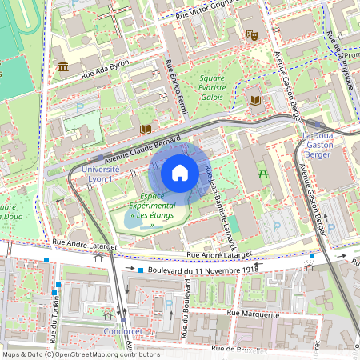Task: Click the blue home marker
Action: point(180,173)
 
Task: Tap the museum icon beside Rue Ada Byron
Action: point(63,66)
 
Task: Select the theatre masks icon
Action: point(251,34)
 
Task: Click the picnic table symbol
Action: point(261,171)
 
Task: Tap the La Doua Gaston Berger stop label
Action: point(318,146)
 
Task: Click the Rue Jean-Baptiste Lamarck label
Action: point(218,210)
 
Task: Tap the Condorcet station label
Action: point(123,330)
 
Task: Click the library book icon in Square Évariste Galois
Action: point(255,100)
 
